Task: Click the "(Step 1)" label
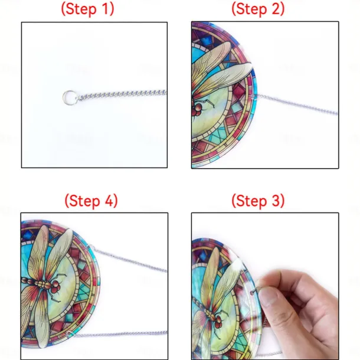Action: coord(87,9)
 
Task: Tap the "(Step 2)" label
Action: coord(258,9)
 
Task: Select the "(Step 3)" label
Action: coord(258,201)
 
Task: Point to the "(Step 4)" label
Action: coord(91,201)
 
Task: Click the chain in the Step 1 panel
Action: coord(122,94)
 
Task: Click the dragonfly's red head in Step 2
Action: coord(197,109)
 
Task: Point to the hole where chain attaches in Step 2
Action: coord(253,96)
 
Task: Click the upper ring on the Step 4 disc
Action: coord(91,247)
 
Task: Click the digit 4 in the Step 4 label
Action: coord(109,201)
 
